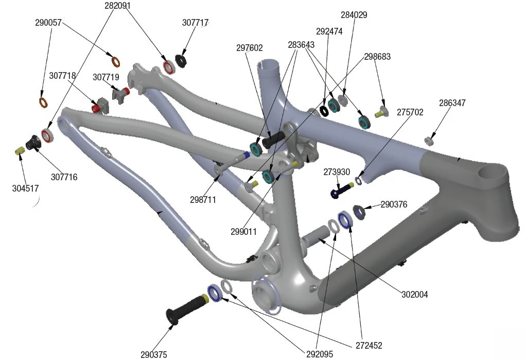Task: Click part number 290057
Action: [48, 23]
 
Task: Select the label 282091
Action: [117, 6]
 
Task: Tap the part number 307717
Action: [195, 23]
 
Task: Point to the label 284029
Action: [354, 15]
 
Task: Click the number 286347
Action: [452, 103]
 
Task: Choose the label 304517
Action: [25, 188]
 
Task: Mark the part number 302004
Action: [415, 295]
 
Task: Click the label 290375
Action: [153, 354]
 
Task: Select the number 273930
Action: [337, 172]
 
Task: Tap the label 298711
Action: [203, 199]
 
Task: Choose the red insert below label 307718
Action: [96, 108]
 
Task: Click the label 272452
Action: [369, 346]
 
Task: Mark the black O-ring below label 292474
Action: [324, 111]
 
